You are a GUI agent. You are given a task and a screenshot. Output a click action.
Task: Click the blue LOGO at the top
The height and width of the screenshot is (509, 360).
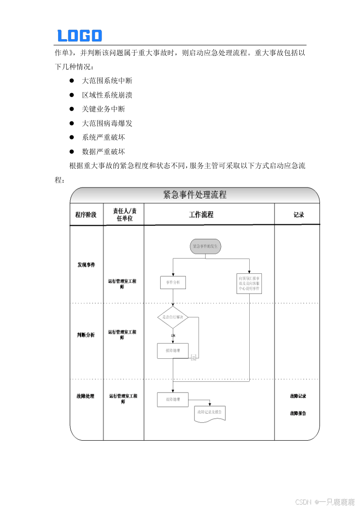[80, 36]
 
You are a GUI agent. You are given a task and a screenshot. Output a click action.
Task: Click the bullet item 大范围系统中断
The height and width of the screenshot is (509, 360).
[107, 81]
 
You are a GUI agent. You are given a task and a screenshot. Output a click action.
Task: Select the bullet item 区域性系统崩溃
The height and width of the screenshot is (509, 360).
[107, 95]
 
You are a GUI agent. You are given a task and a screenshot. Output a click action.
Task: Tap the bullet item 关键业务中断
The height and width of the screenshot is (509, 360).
[103, 109]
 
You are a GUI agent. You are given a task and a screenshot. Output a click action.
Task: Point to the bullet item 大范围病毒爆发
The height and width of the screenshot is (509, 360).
[107, 123]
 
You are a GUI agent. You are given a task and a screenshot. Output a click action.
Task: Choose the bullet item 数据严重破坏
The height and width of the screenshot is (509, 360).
[103, 152]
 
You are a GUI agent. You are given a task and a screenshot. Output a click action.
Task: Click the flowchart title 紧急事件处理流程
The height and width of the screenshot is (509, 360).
[194, 195]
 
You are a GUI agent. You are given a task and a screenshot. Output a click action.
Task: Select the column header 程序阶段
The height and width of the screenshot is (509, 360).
[86, 215]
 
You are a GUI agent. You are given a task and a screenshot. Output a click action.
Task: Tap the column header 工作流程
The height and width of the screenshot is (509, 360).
[201, 215]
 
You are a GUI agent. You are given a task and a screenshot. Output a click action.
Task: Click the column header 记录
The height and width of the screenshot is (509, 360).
[299, 215]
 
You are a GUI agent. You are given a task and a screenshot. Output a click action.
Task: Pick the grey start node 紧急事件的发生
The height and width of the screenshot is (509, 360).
[205, 246]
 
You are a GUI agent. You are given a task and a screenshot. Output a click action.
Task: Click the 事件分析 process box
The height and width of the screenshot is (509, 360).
[173, 282]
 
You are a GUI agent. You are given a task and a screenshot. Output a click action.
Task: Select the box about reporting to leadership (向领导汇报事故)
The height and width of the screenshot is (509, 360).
[249, 284]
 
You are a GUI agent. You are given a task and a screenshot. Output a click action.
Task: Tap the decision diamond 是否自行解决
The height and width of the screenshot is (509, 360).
[173, 317]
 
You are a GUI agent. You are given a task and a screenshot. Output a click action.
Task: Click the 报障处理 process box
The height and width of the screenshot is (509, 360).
[172, 351]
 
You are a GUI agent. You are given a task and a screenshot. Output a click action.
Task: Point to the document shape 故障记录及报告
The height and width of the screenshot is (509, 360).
[209, 412]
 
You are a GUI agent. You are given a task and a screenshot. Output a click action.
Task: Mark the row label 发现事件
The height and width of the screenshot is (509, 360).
[86, 265]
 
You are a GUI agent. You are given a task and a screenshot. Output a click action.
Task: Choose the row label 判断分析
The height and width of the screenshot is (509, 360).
[86, 335]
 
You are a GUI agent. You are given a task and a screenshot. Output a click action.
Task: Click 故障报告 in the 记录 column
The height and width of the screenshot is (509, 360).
[298, 413]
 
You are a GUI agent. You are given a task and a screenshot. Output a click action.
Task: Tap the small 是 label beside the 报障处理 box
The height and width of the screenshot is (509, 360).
[194, 358]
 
